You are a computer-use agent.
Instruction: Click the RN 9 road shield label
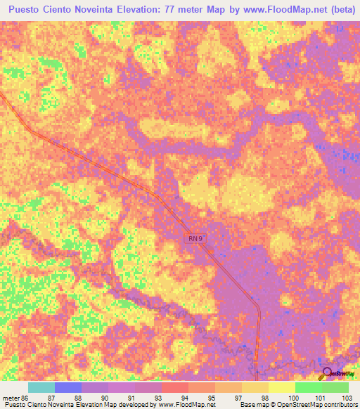[197, 239]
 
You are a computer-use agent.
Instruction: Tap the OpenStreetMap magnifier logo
[328, 373]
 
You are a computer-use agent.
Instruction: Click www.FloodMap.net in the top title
[280, 10]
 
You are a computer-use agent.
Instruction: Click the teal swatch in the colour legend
[41, 387]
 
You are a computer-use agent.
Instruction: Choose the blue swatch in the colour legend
[68, 387]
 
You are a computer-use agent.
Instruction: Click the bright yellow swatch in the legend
[282, 387]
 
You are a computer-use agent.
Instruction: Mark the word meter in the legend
[11, 398]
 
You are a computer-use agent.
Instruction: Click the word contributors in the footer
[337, 405]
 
